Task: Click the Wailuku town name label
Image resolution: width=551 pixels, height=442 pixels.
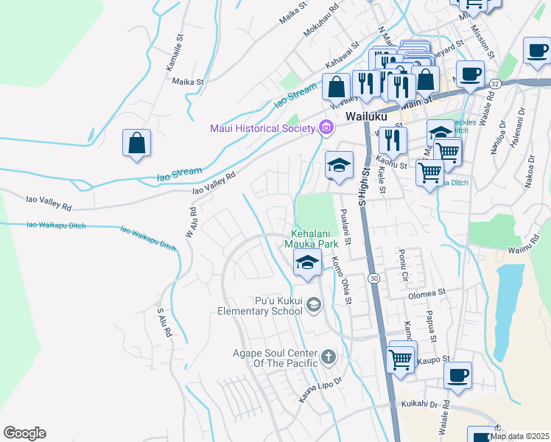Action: (x=366, y=116)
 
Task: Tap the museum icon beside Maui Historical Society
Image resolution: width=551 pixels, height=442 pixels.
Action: (x=326, y=129)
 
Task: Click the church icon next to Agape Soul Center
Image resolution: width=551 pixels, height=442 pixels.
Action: (x=328, y=359)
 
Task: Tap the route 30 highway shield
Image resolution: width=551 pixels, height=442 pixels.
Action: (x=374, y=278)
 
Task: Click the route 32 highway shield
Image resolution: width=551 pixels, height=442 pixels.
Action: (x=494, y=85)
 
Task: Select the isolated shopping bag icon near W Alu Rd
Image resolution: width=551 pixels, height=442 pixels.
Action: (x=137, y=143)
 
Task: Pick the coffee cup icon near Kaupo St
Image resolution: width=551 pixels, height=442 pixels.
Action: (x=457, y=376)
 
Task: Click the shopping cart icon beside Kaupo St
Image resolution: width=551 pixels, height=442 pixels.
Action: (x=400, y=360)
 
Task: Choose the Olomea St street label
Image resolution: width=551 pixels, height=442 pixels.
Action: (x=427, y=292)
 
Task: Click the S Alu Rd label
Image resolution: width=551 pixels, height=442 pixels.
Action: (x=164, y=322)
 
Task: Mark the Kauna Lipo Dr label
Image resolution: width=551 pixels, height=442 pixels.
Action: (x=320, y=390)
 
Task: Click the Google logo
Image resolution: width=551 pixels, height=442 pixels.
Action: (x=24, y=433)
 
